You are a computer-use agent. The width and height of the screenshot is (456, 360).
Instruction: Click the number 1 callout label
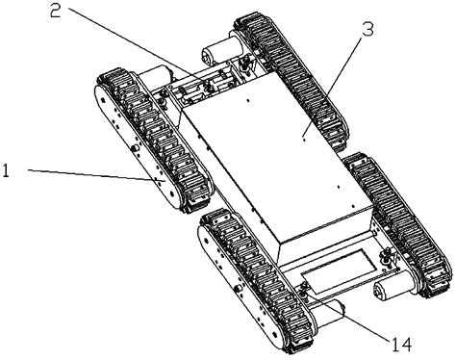(8, 170)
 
